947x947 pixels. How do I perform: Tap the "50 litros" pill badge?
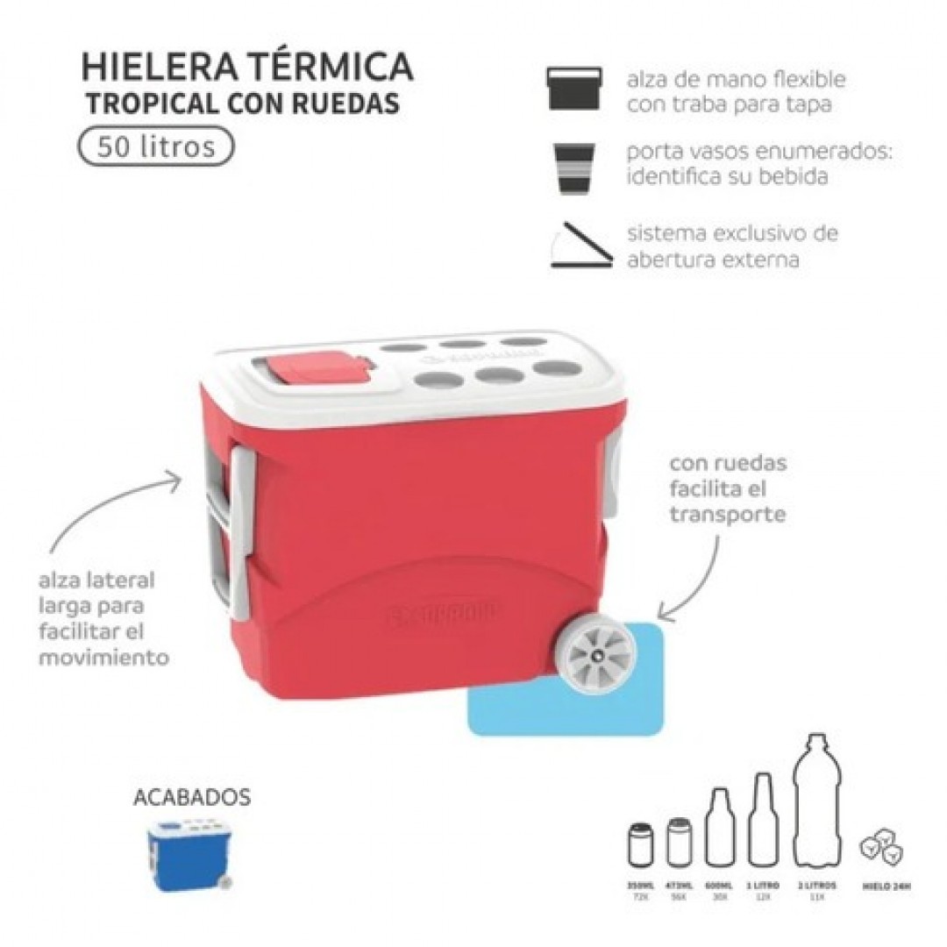(157, 146)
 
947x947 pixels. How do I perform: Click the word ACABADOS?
(192, 797)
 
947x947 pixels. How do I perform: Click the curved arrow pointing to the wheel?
(697, 574)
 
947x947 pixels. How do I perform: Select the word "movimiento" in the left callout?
(103, 657)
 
